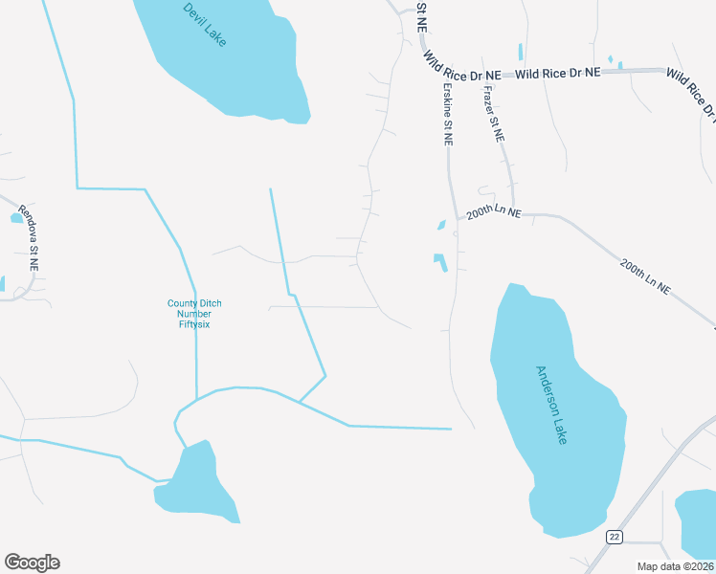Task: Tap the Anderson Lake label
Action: pyautogui.click(x=550, y=405)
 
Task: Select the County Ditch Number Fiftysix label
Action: pyautogui.click(x=195, y=314)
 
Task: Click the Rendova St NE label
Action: pyautogui.click(x=32, y=251)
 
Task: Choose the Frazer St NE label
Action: pyautogui.click(x=493, y=114)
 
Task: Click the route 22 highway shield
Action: pyautogui.click(x=614, y=537)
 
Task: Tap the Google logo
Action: pyautogui.click(x=32, y=563)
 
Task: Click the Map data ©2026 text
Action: pyautogui.click(x=675, y=566)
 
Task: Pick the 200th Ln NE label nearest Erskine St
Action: pyautogui.click(x=493, y=213)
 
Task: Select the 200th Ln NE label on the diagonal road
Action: pyautogui.click(x=645, y=275)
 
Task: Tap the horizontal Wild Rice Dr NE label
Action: pyautogui.click(x=558, y=73)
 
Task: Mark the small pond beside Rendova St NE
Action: pyautogui.click(x=16, y=218)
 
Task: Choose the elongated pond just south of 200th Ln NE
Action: pyautogui.click(x=439, y=261)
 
